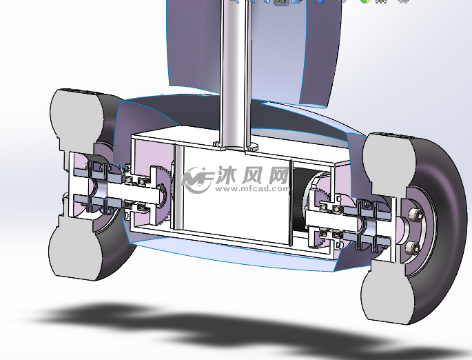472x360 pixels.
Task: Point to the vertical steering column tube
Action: tap(232, 69)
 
